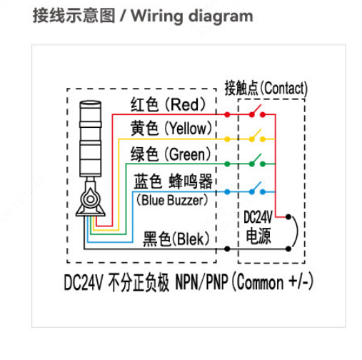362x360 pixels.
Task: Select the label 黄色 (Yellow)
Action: coord(171,129)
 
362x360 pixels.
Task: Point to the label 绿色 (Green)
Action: coord(171,154)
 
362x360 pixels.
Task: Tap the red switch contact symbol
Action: coord(257,113)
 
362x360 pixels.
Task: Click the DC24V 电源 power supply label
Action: coord(258,226)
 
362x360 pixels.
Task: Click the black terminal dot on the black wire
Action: coord(227,249)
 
